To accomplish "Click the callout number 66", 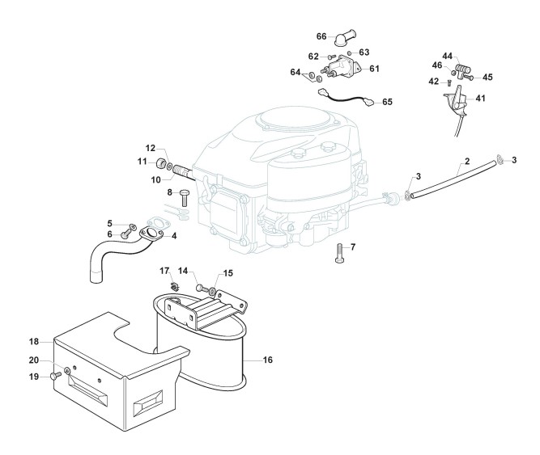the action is click(321, 36).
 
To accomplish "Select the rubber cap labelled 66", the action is click(345, 38).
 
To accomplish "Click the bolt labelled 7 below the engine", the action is click(339, 253).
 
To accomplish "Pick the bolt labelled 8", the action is click(184, 197).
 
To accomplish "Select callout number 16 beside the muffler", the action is click(268, 360).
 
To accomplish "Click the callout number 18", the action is click(34, 342).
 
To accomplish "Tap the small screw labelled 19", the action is click(55, 376).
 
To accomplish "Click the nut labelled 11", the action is click(161, 162).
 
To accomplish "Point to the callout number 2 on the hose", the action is click(467, 161).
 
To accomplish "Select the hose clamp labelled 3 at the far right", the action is click(500, 159).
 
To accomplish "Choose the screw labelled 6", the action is click(125, 234).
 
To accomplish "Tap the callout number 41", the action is click(480, 99).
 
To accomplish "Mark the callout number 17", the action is click(164, 271).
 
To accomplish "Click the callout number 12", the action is click(151, 148).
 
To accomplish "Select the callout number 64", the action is click(296, 72).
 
